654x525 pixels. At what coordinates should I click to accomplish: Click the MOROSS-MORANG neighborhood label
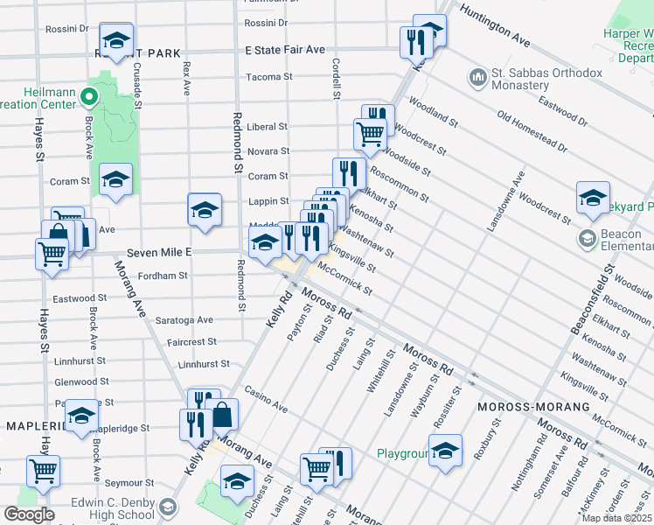(518, 409)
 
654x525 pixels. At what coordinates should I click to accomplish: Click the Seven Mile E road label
(158, 252)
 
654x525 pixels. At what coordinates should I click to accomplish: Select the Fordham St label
(165, 276)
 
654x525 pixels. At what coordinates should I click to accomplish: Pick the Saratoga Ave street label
(184, 320)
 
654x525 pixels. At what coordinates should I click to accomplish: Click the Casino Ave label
(266, 400)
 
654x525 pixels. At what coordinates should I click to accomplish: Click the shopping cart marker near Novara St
(370, 134)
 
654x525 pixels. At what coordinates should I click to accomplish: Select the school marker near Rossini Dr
(115, 38)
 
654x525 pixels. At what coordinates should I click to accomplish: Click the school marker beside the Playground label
(445, 450)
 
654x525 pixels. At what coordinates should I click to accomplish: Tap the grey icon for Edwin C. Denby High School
(167, 506)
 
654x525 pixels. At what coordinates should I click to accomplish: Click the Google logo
(29, 514)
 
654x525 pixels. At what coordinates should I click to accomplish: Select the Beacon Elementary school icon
(588, 238)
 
